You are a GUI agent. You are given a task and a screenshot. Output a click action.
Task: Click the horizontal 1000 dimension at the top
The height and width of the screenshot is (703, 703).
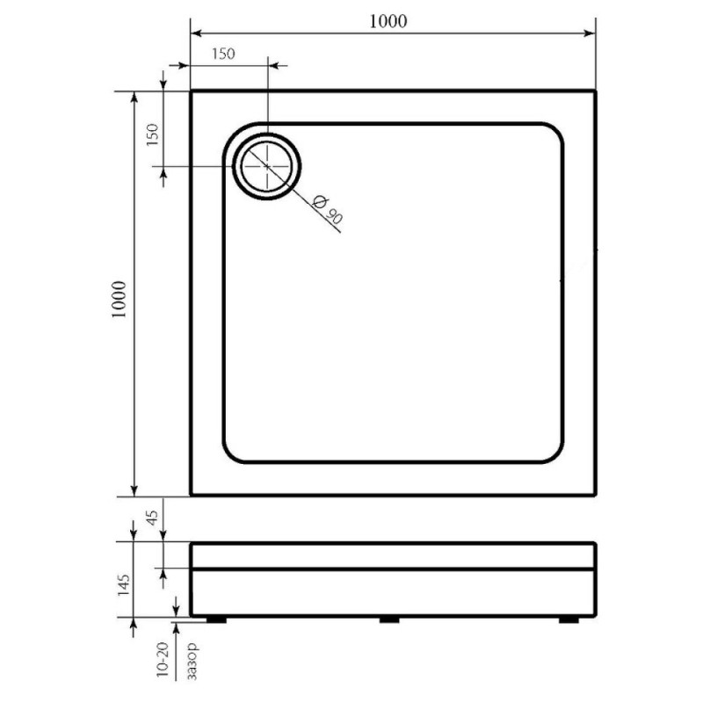click(x=388, y=21)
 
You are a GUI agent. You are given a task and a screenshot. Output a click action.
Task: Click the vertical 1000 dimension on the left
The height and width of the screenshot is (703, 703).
click(x=120, y=299)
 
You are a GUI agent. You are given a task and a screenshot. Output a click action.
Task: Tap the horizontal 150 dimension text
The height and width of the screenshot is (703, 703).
click(x=223, y=54)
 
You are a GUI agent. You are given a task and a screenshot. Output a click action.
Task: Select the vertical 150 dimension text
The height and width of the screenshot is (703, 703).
click(x=152, y=134)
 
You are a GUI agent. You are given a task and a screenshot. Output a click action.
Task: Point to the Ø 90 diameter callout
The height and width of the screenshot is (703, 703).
click(x=328, y=209)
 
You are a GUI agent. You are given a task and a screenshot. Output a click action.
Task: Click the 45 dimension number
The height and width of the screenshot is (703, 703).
click(x=152, y=518)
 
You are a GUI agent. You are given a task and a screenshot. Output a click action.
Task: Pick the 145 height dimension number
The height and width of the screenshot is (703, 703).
click(x=123, y=584)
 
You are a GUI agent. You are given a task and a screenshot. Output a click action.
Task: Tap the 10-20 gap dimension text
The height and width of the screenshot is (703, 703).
click(x=163, y=659)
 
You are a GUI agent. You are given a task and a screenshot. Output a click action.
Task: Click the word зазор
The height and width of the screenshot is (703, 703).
click(x=192, y=661)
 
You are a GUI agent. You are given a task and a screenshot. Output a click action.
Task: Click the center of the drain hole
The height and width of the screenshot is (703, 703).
click(x=267, y=166)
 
